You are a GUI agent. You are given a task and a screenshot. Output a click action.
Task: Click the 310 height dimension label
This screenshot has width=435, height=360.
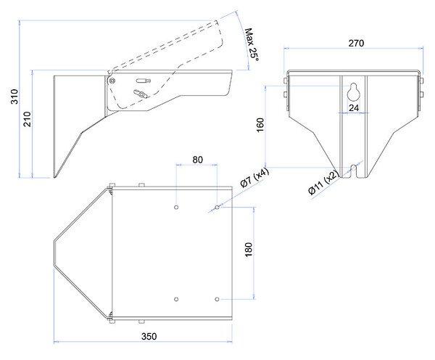[14, 97]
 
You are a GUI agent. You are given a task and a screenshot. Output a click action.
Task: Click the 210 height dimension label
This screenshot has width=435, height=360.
[28, 119]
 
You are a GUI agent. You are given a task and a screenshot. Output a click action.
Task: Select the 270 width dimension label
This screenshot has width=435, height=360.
[356, 43]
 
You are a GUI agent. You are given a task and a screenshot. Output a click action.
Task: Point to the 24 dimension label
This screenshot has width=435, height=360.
[354, 107]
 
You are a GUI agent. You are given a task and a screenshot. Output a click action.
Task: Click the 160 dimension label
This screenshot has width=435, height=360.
[260, 125]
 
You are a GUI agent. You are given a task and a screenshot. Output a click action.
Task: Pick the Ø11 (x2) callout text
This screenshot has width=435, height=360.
[323, 182]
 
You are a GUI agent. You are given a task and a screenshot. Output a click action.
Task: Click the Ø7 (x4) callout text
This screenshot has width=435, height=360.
[254, 178]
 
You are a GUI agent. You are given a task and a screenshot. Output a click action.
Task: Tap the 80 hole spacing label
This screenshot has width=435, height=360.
[197, 160]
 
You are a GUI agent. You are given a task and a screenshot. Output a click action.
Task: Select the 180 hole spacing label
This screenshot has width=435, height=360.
[249, 250]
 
